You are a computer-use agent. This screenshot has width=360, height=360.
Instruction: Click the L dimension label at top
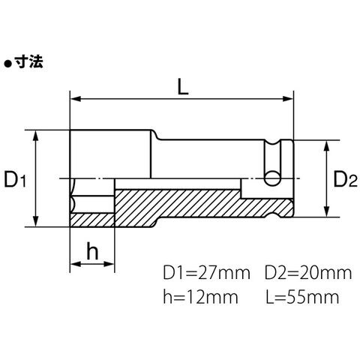183,86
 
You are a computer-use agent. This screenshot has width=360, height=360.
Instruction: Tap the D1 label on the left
15,179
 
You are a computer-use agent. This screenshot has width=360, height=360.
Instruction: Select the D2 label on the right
345,179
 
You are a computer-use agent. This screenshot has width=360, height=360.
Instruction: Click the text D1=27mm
206,273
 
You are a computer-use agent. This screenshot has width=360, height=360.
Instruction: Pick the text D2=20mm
308,273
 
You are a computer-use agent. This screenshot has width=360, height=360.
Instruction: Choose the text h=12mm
200,297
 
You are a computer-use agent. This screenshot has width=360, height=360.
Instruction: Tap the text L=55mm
302,297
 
